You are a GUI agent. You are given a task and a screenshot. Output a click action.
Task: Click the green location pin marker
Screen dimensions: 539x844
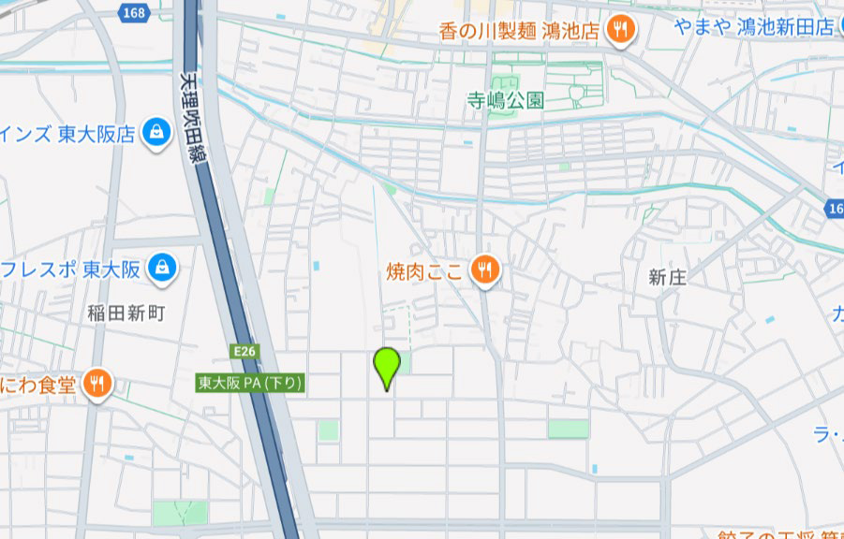click(x=387, y=366)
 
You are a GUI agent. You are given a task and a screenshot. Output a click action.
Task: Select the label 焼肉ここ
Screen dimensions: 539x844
click(x=424, y=272)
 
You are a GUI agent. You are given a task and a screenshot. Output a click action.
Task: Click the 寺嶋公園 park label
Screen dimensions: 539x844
click(x=506, y=100)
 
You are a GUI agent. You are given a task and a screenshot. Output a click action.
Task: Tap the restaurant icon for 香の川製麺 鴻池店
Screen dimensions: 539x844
click(x=620, y=31)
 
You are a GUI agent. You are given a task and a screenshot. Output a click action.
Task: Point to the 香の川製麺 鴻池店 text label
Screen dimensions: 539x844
click(x=519, y=31)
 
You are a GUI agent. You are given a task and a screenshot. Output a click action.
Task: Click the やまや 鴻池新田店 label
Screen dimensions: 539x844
click(x=752, y=27)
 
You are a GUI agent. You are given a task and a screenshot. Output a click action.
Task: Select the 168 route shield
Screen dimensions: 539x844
click(x=132, y=10)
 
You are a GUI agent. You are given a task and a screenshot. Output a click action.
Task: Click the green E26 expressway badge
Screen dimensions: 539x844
click(x=244, y=351)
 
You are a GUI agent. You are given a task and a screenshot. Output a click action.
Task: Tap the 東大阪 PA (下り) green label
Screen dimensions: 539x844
click(x=250, y=383)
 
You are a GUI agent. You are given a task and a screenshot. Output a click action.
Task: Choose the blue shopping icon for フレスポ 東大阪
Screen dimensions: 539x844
click(x=164, y=268)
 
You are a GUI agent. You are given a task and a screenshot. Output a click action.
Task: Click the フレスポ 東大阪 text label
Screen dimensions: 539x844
click(x=71, y=270)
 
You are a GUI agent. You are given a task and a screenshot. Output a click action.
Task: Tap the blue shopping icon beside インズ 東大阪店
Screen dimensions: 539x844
click(x=155, y=133)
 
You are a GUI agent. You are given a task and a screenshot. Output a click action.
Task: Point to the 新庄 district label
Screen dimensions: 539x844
click(x=668, y=277)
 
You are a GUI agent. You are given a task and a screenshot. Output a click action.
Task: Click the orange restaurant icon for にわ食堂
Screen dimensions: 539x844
click(x=97, y=383)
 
